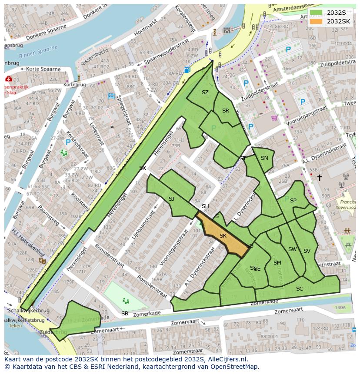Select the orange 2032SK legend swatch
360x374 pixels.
[x=316, y=21]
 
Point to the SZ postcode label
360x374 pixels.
[x=205, y=93]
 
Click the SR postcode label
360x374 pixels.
[x=225, y=111]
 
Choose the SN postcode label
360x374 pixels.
[x=264, y=158]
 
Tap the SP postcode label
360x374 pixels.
[x=293, y=200]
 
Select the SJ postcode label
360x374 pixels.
[x=171, y=199]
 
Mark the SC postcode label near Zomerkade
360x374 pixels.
[x=300, y=289]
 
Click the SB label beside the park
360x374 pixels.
[x=125, y=313]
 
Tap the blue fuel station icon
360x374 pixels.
[x=187, y=70]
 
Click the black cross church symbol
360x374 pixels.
[x=320, y=178]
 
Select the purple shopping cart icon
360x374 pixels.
[x=274, y=118]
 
